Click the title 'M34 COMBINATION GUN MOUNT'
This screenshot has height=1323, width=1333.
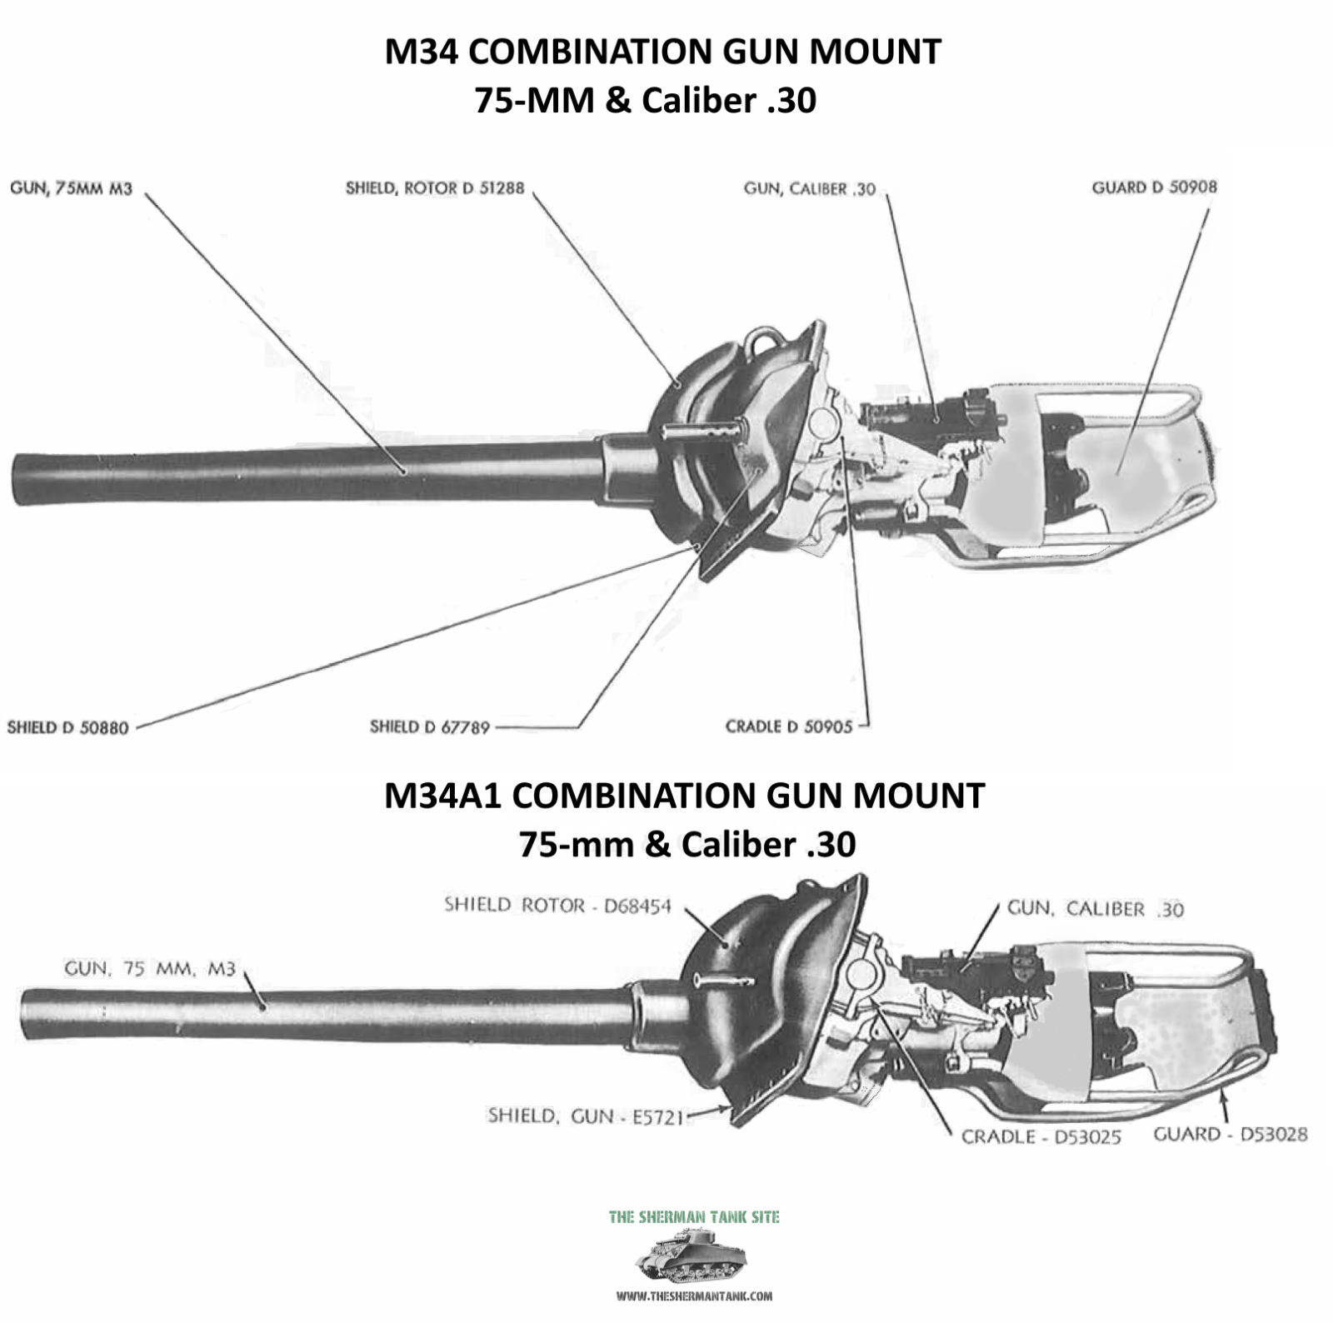(x=662, y=52)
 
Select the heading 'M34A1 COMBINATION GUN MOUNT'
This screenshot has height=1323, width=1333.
(x=684, y=796)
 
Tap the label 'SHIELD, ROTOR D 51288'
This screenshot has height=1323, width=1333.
(x=435, y=188)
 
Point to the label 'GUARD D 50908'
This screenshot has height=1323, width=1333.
(x=1154, y=187)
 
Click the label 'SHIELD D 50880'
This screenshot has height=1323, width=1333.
(x=68, y=727)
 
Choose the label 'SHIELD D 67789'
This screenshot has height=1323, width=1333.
(x=430, y=727)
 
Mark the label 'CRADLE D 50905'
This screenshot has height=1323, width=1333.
(x=789, y=726)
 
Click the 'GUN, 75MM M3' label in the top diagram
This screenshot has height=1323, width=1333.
(x=71, y=188)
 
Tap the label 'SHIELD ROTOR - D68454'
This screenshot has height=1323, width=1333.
(x=557, y=906)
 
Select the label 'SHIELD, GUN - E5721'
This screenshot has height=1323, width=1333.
(x=586, y=1116)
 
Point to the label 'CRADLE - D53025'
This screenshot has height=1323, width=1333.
(x=1041, y=1137)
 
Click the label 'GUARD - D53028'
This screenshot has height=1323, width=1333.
(x=1231, y=1134)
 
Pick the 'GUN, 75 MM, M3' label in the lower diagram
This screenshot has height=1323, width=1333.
(x=150, y=969)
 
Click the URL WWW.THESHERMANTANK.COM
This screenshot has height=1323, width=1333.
(x=694, y=1296)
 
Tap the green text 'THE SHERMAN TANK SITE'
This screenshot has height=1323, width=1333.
(x=694, y=1217)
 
